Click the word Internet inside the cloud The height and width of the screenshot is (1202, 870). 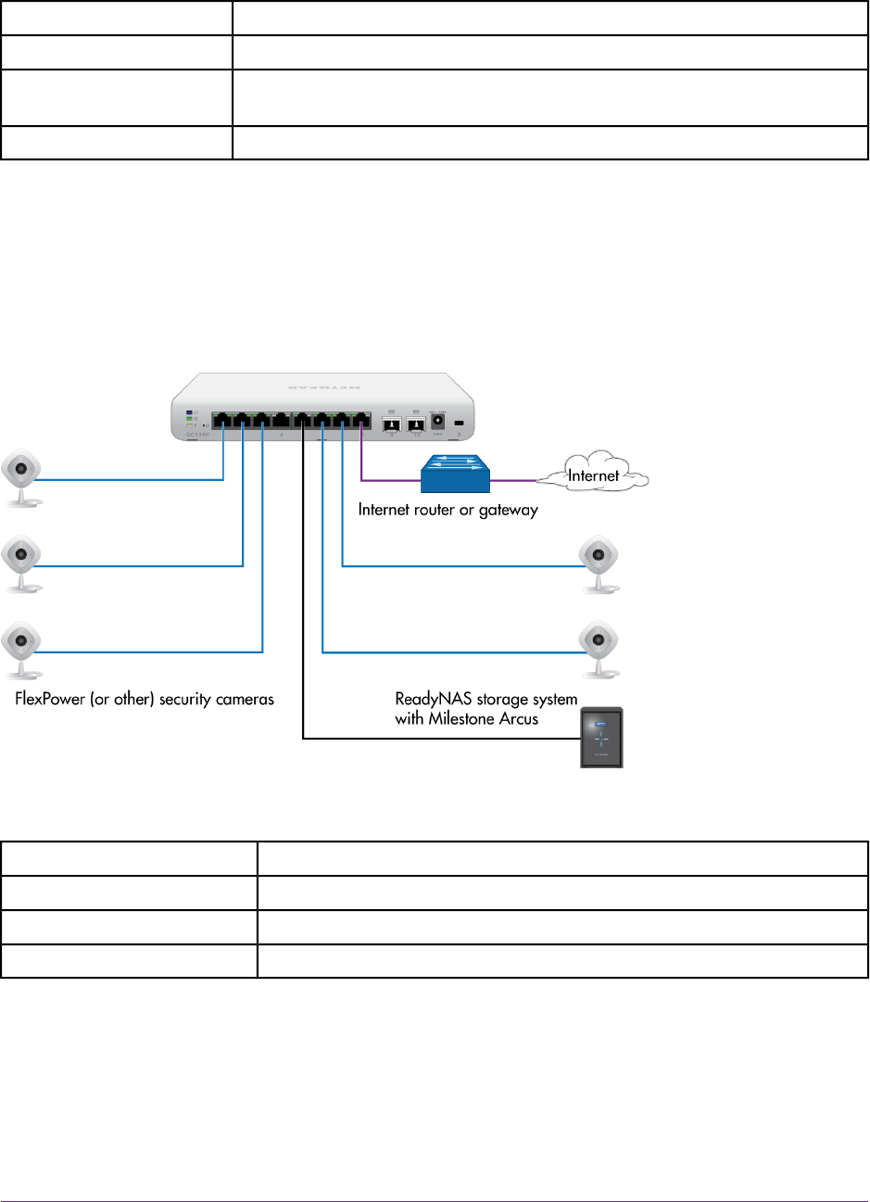(x=593, y=476)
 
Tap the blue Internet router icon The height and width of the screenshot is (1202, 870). (x=454, y=474)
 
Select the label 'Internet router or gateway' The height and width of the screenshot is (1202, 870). (x=448, y=510)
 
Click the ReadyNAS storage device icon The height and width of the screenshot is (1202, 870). (x=600, y=738)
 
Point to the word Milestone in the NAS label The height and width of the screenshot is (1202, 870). (x=467, y=719)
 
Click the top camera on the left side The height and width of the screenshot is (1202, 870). (x=21, y=474)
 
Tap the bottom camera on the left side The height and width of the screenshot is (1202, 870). (x=21, y=645)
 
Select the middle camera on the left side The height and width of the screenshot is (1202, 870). (x=21, y=560)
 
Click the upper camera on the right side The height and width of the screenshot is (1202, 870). (x=599, y=560)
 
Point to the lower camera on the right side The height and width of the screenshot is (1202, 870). (x=599, y=645)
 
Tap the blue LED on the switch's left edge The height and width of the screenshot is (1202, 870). (x=189, y=411)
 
